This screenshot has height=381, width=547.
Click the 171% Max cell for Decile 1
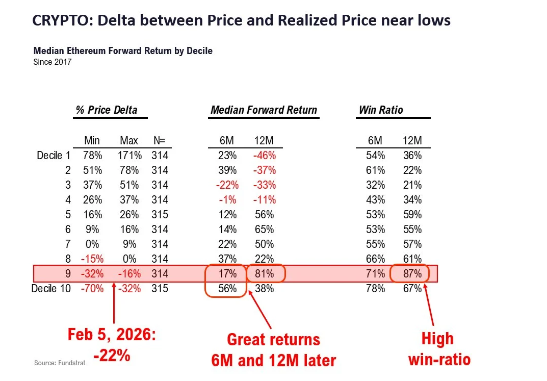tap(129, 155)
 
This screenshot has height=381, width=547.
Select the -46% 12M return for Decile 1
tap(265, 155)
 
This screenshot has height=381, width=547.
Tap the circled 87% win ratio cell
tap(412, 273)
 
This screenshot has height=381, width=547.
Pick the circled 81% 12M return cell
tap(265, 273)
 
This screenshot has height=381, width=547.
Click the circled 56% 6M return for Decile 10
tap(227, 289)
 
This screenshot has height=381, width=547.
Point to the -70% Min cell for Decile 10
tap(92, 289)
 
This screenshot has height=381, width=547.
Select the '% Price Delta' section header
tap(107, 110)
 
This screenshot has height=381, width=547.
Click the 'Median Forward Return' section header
tap(264, 110)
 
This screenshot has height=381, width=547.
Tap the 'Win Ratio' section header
tap(381, 110)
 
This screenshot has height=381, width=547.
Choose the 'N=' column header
tap(160, 141)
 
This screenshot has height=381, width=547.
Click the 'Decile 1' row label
tap(54, 155)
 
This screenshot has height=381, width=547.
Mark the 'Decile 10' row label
tap(51, 289)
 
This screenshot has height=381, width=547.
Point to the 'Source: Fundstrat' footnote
tap(60, 363)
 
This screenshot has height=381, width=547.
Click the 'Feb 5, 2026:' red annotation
tap(112, 334)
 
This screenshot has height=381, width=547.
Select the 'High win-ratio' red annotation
tap(439, 349)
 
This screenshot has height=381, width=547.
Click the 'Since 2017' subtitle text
tap(53, 62)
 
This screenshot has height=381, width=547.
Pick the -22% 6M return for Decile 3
tap(227, 185)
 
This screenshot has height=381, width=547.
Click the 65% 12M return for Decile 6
tap(265, 229)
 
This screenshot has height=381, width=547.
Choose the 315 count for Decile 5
tap(160, 215)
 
